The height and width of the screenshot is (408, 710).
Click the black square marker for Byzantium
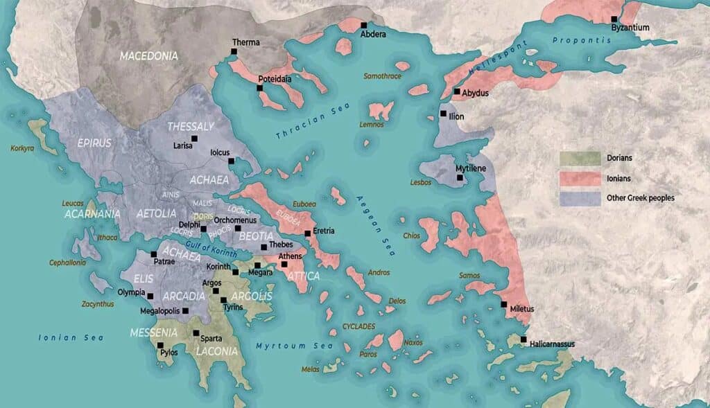tap(614, 19)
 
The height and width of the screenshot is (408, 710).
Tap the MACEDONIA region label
tap(148, 55)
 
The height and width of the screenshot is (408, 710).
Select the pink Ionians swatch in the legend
tap(580, 178)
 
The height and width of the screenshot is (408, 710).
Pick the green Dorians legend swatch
tap(580, 159)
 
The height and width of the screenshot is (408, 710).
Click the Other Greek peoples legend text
tap(640, 197)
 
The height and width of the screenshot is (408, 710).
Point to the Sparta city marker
tap(196, 333)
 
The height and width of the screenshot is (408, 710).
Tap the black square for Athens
tap(284, 265)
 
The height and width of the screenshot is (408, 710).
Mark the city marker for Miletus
tap(504, 304)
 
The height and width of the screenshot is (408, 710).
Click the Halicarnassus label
tap(552, 344)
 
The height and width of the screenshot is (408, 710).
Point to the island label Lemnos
tap(371, 125)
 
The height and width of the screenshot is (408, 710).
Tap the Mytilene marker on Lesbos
tap(459, 178)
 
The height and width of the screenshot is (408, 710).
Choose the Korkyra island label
tap(21, 148)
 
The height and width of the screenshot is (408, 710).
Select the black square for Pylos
tap(160, 345)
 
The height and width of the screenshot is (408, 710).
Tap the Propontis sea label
tap(582, 40)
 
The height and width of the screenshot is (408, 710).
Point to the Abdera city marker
tap(363, 25)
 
